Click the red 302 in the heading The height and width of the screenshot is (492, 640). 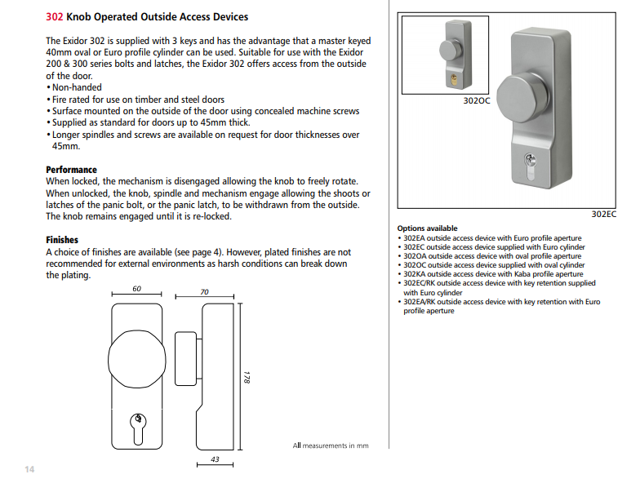click(x=55, y=16)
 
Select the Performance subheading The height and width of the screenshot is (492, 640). click(x=71, y=170)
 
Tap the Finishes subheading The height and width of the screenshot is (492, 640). click(x=62, y=241)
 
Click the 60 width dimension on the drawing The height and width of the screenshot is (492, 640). click(x=136, y=289)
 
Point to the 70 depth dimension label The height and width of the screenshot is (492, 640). click(x=204, y=292)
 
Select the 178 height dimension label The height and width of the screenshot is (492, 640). click(x=246, y=378)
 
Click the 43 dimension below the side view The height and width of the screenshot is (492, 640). click(x=215, y=459)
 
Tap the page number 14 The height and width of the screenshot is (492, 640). click(x=29, y=469)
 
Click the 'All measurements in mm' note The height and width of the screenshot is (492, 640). click(x=331, y=445)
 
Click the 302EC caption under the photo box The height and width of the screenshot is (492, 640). click(x=603, y=214)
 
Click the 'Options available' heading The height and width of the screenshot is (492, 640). click(x=427, y=228)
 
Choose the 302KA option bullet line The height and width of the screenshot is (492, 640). click(x=498, y=274)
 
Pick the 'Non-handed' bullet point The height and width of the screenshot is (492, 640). click(x=76, y=87)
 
